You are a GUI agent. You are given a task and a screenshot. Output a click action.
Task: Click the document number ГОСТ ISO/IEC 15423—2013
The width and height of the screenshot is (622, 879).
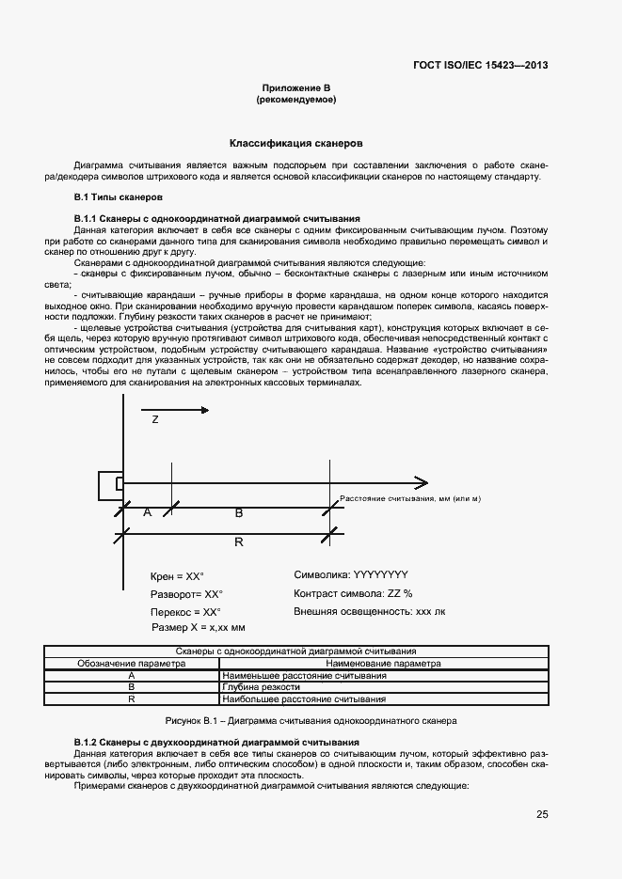click(x=480, y=66)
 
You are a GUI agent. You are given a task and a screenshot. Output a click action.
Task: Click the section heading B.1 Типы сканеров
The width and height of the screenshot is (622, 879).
click(x=119, y=197)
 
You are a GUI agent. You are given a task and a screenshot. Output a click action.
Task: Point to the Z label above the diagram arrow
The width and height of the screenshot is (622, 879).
click(x=155, y=420)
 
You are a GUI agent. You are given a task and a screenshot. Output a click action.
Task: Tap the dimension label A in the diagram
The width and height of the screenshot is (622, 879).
click(x=146, y=512)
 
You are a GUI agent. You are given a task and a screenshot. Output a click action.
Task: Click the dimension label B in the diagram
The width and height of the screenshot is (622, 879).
click(x=238, y=512)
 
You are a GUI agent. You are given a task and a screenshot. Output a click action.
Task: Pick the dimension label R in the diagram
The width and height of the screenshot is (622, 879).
click(x=238, y=542)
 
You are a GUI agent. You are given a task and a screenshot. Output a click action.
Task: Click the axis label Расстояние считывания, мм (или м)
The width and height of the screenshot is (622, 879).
click(x=409, y=497)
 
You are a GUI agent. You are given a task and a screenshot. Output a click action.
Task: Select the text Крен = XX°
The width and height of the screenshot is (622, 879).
click(x=177, y=575)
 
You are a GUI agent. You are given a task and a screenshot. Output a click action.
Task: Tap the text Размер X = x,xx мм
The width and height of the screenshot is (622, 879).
click(x=198, y=627)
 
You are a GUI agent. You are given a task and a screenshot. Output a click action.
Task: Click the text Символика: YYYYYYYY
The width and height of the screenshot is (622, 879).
click(x=351, y=574)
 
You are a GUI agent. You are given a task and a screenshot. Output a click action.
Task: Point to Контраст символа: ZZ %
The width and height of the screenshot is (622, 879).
click(x=353, y=593)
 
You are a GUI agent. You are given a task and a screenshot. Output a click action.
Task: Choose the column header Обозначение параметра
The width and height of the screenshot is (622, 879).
click(x=132, y=663)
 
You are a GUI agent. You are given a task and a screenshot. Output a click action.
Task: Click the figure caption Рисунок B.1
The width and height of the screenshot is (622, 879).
click(x=311, y=720)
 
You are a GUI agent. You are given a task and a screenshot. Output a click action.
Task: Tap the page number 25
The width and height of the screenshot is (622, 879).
click(x=542, y=814)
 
